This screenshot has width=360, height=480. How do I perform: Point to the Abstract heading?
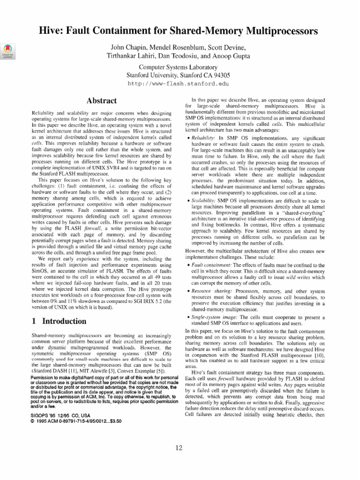(x=102, y=100)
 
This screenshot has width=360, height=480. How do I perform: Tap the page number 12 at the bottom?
(x=179, y=448)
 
